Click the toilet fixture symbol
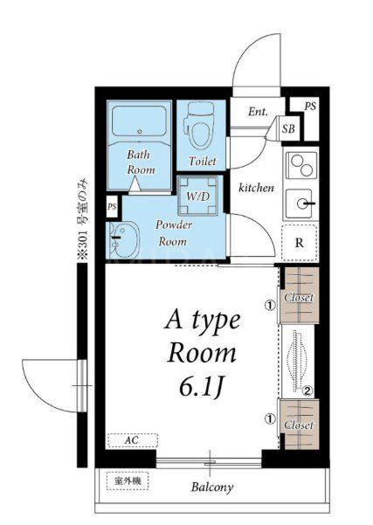pyautogui.click(x=201, y=125)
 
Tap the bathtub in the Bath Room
pyautogui.click(x=139, y=121)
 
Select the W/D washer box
pyautogui.click(x=198, y=196)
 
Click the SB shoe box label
pyautogui.click(x=288, y=128)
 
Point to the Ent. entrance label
pyautogui.click(x=258, y=112)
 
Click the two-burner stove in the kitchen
pyautogui.click(x=301, y=165)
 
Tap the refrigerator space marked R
pyautogui.click(x=299, y=243)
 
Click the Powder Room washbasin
pyautogui.click(x=123, y=238)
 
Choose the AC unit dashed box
pyautogui.click(x=133, y=440)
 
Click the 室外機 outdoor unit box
pyautogui.click(x=128, y=481)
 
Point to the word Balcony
pyautogui.click(x=212, y=487)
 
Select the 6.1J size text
pyautogui.click(x=201, y=388)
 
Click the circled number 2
pyautogui.click(x=307, y=390)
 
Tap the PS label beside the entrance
pyautogui.click(x=310, y=107)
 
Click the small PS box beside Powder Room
pyautogui.click(x=112, y=206)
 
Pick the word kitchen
pyautogui.click(x=256, y=188)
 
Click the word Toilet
pyautogui.click(x=203, y=161)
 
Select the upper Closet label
pyautogui.click(x=299, y=297)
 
